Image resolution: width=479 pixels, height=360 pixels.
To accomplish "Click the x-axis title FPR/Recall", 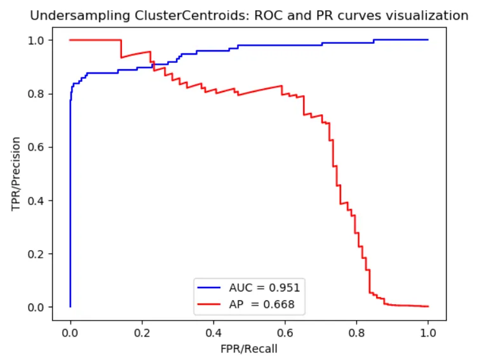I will click(x=249, y=348).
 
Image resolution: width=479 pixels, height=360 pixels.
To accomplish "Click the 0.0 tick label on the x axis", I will click(x=70, y=331).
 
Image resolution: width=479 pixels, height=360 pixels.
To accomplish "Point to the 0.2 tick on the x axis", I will click(x=142, y=331).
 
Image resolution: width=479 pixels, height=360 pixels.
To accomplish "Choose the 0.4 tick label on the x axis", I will click(x=213, y=331).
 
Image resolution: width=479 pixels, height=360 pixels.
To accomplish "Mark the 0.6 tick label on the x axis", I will click(x=285, y=331).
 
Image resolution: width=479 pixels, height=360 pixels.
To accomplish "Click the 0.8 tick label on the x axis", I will click(x=356, y=331).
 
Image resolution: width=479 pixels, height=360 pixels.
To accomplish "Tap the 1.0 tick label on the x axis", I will click(x=428, y=331).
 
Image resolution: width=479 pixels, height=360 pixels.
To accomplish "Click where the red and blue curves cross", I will click(x=153, y=65).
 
